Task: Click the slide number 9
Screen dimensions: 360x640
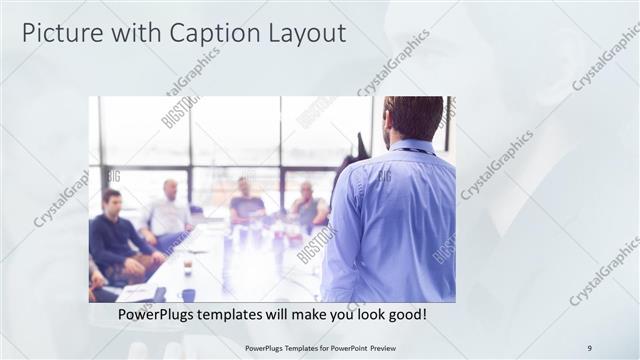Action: tap(589, 348)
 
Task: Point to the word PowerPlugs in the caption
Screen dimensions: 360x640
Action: tap(163, 315)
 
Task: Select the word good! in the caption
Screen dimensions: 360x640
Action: tap(406, 315)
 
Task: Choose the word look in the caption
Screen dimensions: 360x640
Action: tap(365, 315)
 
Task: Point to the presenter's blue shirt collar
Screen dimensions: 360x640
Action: tap(409, 147)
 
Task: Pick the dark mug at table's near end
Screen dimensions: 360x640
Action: tap(188, 295)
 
